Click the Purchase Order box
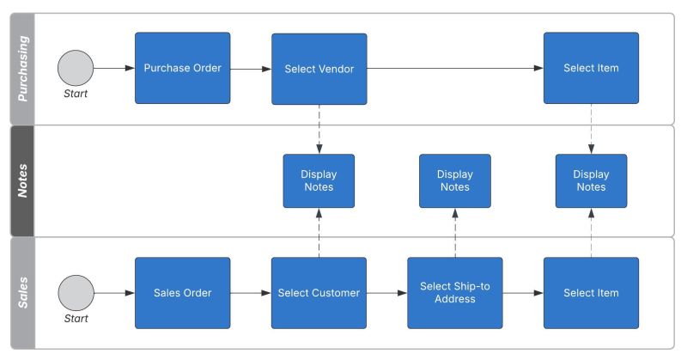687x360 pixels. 182,69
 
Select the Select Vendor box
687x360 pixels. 319,69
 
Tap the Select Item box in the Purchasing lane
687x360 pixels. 591,69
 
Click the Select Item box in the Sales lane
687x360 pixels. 591,293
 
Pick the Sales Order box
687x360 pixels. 182,293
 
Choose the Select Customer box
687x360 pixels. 319,293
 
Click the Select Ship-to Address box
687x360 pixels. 454,293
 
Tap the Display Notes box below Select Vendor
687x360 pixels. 319,180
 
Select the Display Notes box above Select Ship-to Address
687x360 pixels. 454,180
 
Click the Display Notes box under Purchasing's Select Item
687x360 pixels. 591,180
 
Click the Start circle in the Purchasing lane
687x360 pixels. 76,68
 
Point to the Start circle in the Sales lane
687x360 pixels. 76,293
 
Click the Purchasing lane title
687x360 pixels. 23,69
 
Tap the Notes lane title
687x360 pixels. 23,181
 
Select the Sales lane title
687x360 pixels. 23,293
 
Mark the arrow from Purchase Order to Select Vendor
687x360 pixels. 251,68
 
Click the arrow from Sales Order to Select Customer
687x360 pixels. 251,293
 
